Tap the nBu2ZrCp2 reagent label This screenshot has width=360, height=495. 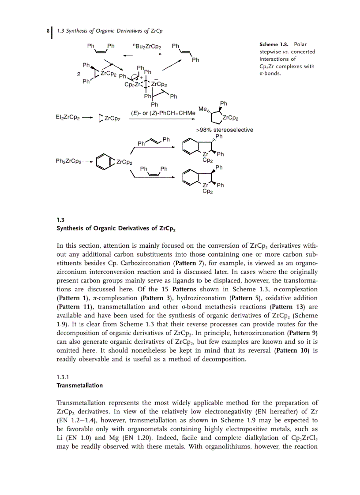click(146, 46)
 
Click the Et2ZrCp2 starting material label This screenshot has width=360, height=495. click(67, 118)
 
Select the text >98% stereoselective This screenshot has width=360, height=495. click(224, 130)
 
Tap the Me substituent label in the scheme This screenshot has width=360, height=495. click(202, 109)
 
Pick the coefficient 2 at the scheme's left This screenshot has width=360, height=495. click(79, 74)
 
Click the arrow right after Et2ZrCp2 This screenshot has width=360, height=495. click(87, 118)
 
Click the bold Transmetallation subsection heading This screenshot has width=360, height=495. click(79, 385)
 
